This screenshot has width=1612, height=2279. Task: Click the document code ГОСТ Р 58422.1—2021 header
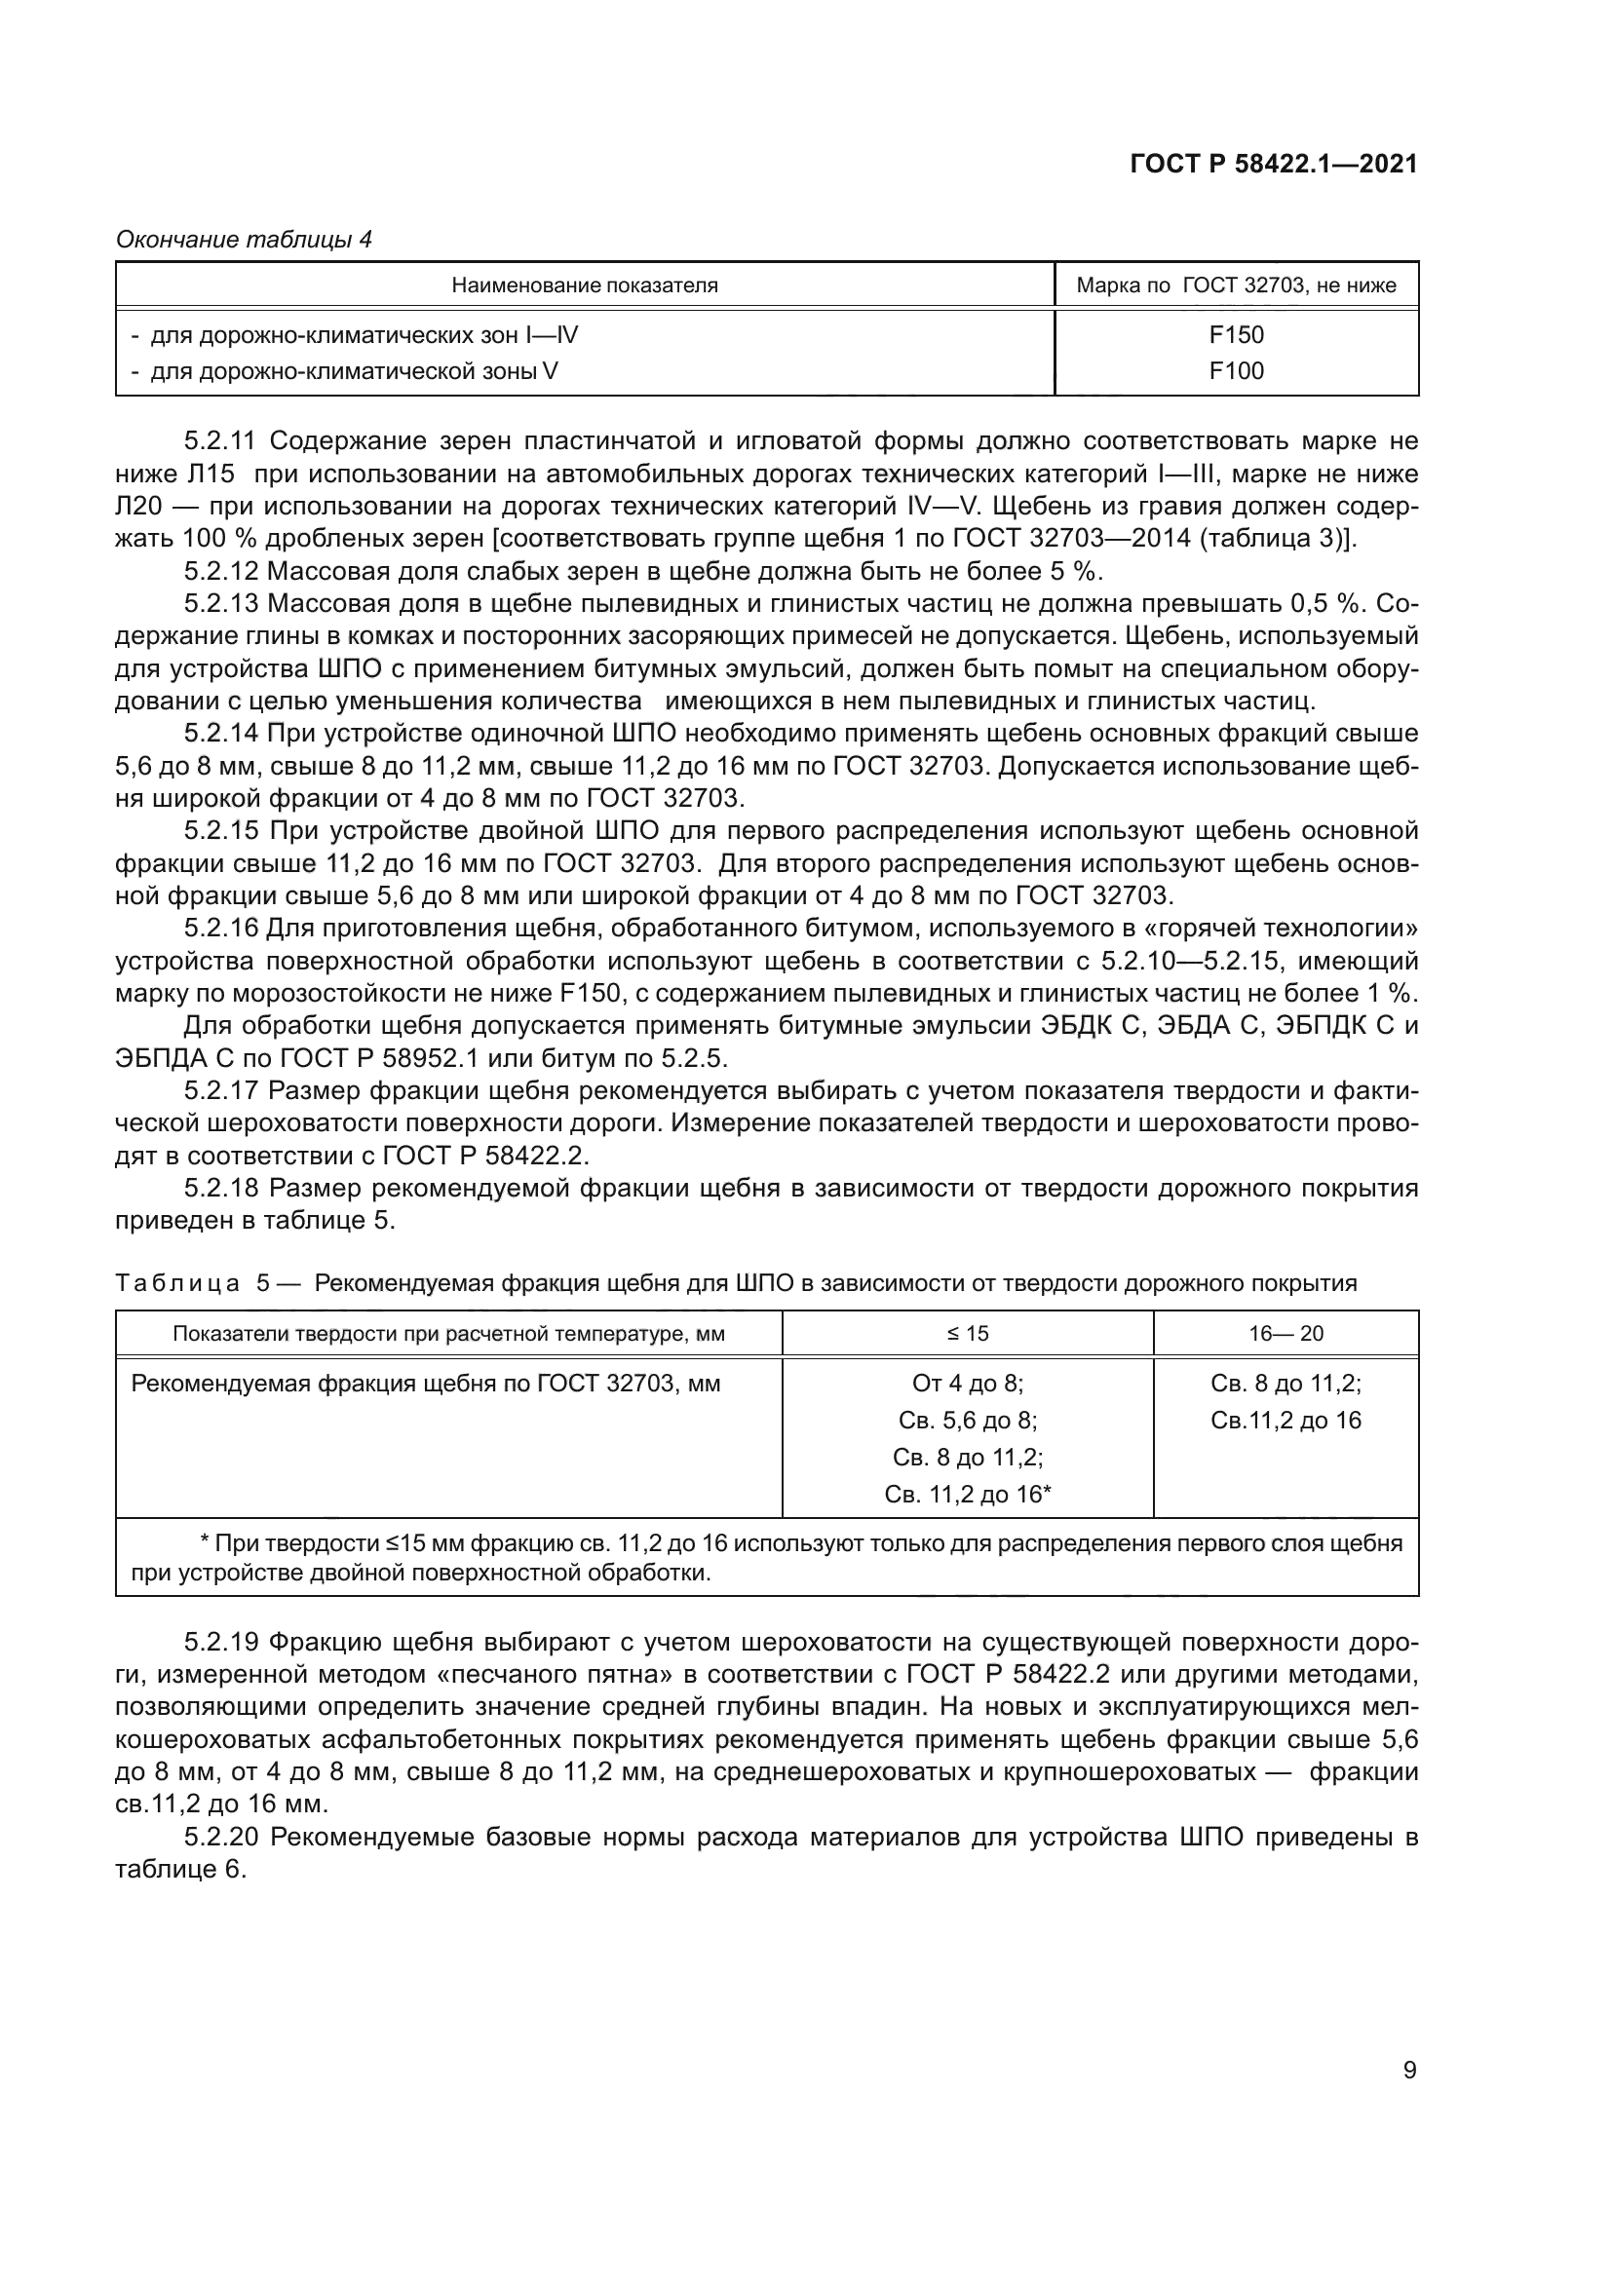(x=1274, y=165)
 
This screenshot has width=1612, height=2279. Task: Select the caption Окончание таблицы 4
(x=245, y=240)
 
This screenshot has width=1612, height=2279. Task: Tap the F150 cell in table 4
(x=1236, y=334)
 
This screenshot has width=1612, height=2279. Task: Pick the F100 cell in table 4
(x=1236, y=371)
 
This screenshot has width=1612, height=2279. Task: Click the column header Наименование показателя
(x=585, y=285)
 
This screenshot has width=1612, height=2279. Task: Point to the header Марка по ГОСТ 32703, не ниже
(x=1236, y=285)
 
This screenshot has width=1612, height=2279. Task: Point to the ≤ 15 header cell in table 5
(x=968, y=1334)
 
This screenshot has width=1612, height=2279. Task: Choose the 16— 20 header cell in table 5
(x=1286, y=1334)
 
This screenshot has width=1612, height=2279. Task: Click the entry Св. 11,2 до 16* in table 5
(x=968, y=1494)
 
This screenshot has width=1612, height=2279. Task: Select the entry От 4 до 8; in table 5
(x=968, y=1384)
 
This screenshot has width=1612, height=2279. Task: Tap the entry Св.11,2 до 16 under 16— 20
(x=1286, y=1421)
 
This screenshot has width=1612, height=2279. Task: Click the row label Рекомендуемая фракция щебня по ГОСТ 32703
(x=426, y=1384)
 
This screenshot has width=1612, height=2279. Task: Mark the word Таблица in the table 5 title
(x=177, y=1283)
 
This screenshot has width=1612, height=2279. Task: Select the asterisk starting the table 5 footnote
(x=205, y=1544)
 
